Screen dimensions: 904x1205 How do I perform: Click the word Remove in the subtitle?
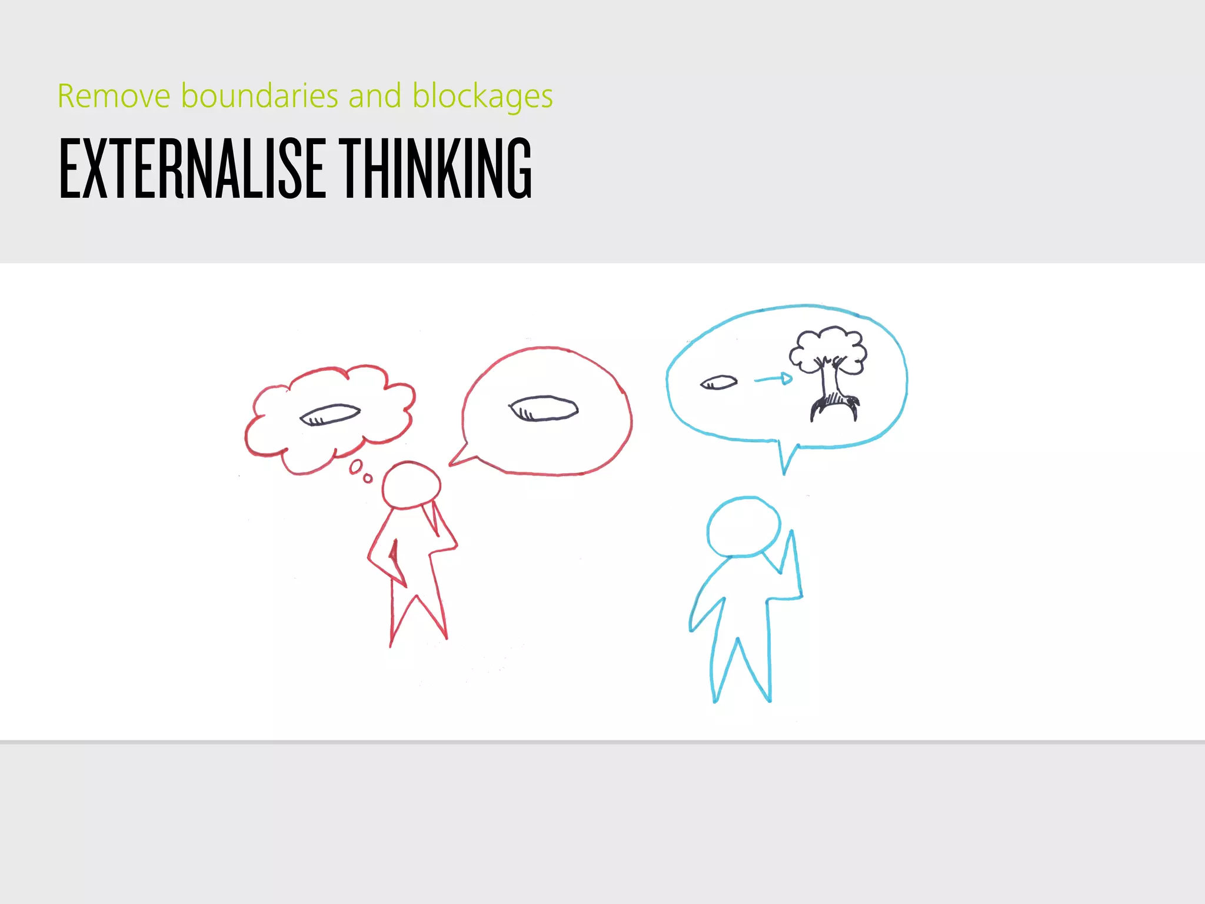coord(114,96)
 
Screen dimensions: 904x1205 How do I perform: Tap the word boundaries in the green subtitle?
coord(259,96)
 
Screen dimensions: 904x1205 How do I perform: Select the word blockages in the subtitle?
coord(482,97)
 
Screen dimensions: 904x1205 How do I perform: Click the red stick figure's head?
coord(411,485)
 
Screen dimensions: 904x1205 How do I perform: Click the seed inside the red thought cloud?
coord(329,414)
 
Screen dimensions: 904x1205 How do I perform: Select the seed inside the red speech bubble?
coord(543,408)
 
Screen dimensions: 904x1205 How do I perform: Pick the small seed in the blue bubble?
coord(718,383)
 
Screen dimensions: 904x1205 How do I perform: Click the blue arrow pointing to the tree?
coord(773,379)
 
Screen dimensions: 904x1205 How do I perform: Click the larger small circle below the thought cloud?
coord(356,467)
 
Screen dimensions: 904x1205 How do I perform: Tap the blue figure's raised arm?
coord(791,565)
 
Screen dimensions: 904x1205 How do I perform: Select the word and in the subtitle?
coord(375,96)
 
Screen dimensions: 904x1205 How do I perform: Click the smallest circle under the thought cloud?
coord(368,478)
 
